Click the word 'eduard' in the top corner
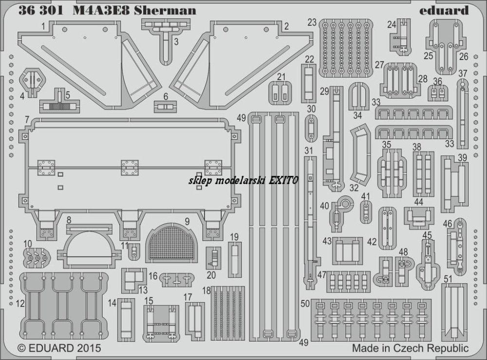coord(444,10)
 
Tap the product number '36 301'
coord(41,10)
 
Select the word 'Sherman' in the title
coord(165,10)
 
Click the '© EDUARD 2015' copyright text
coord(59,347)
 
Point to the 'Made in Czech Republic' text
coord(410,348)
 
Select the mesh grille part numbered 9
coord(172,242)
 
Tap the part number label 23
coord(312,22)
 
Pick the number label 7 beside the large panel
coord(27,119)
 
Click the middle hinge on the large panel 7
coord(130,168)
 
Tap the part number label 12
coord(20,303)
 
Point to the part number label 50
coord(305,303)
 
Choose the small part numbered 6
coord(166,107)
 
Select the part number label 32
coord(354,188)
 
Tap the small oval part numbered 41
coord(366,212)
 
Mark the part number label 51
coord(448,279)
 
